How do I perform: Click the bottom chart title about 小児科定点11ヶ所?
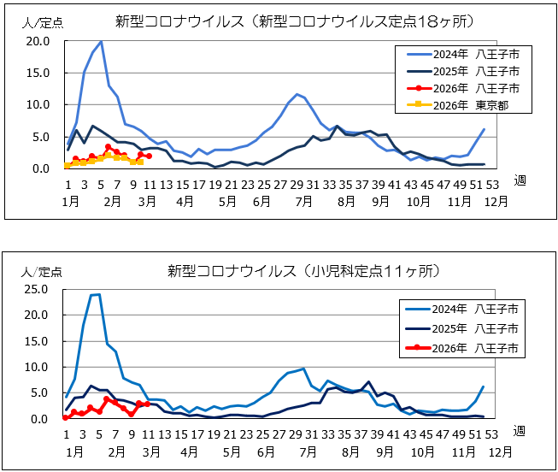tap(304, 271)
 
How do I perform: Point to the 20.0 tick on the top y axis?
tap(39, 41)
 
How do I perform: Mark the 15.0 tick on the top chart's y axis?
tap(39, 73)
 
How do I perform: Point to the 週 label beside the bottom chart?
tap(520, 430)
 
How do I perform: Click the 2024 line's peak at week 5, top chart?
tap(101, 41)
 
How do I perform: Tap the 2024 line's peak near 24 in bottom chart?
tap(98, 294)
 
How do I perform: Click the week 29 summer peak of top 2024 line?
tap(297, 94)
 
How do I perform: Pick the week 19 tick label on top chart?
tap(215, 184)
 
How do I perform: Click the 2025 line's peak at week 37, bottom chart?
tap(368, 381)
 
